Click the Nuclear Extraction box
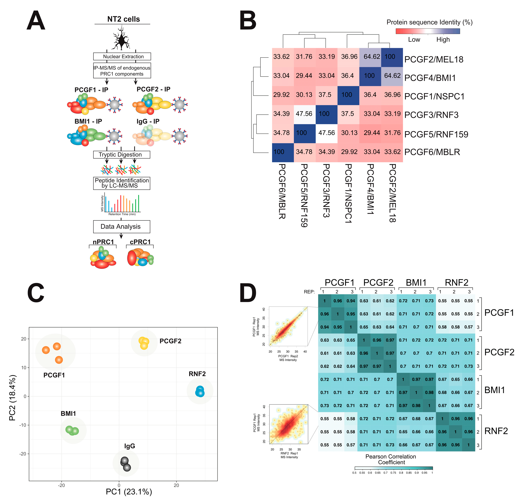[x=122, y=56]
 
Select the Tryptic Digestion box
[x=121, y=155]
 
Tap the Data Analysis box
[x=121, y=226]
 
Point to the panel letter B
[x=247, y=21]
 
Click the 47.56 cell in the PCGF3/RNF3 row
[x=304, y=114]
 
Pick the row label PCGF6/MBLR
[x=432, y=152]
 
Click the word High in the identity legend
[x=443, y=40]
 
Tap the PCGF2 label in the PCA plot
[x=170, y=341]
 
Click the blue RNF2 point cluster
[x=200, y=391]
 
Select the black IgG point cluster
[x=125, y=464]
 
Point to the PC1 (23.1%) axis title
[x=129, y=492]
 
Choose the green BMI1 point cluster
[x=72, y=430]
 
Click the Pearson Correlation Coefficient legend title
[x=391, y=459]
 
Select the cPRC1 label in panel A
[x=140, y=242]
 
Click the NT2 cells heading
[x=123, y=19]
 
